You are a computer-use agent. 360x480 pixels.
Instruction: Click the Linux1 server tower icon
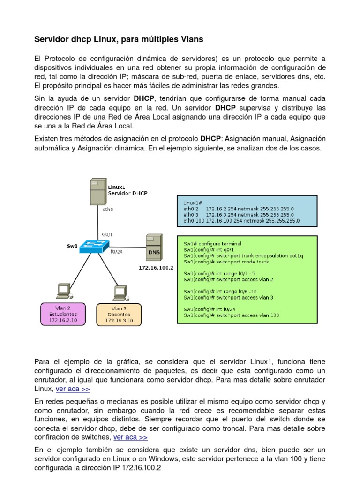pyautogui.click(x=97, y=189)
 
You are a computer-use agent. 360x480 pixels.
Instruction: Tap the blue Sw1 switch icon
pyautogui.click(x=94, y=246)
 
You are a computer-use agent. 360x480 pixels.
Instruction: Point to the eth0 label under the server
pyautogui.click(x=108, y=210)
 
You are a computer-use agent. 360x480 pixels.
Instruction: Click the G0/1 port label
pyautogui.click(x=107, y=234)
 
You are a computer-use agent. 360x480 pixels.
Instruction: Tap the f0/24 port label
pyautogui.click(x=117, y=251)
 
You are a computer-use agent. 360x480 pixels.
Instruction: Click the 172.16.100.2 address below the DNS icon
pyautogui.click(x=156, y=268)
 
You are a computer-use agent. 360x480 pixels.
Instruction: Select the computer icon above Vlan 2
pyautogui.click(x=62, y=291)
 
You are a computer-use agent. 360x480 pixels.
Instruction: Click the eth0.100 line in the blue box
pyautogui.click(x=241, y=220)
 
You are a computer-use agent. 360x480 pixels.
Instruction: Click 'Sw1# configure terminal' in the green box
pyautogui.click(x=212, y=243)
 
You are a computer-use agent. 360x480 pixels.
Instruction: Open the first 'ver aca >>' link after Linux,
pyautogui.click(x=73, y=389)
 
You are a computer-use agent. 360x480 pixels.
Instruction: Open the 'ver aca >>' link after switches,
pyautogui.click(x=130, y=437)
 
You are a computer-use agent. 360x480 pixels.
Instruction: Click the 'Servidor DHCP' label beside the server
pyautogui.click(x=128, y=193)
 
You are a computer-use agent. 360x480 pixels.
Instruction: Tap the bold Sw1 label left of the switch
pyautogui.click(x=72, y=245)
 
